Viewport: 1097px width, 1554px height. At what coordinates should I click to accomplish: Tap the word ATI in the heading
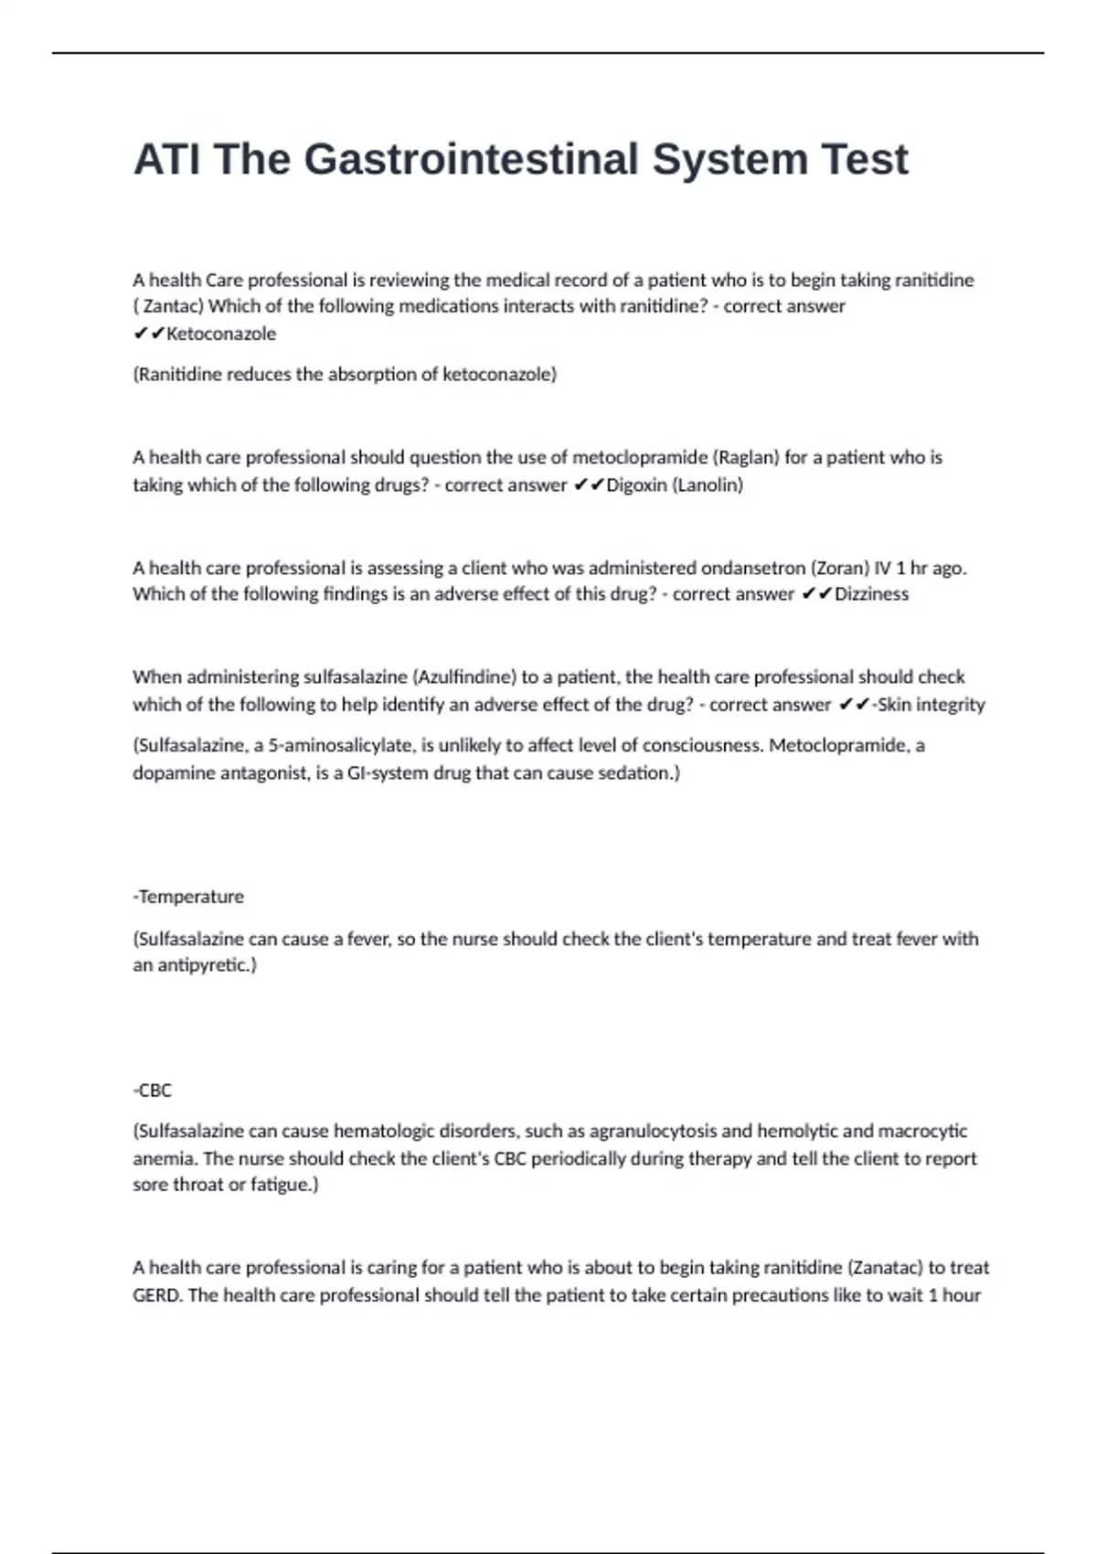pyautogui.click(x=165, y=159)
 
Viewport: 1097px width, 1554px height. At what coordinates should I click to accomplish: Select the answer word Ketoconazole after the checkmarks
pyautogui.click(x=221, y=334)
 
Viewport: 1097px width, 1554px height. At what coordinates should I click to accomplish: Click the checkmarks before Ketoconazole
pyautogui.click(x=148, y=334)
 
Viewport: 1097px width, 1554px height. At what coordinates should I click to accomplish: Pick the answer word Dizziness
pyautogui.click(x=871, y=594)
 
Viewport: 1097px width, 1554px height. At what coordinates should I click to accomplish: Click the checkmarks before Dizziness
pyautogui.click(x=816, y=594)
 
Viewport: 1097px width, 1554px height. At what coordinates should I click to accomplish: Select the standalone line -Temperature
pyautogui.click(x=188, y=897)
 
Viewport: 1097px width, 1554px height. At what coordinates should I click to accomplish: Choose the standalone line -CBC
pyautogui.click(x=153, y=1090)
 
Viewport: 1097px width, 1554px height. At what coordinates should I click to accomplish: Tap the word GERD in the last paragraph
pyautogui.click(x=156, y=1295)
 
